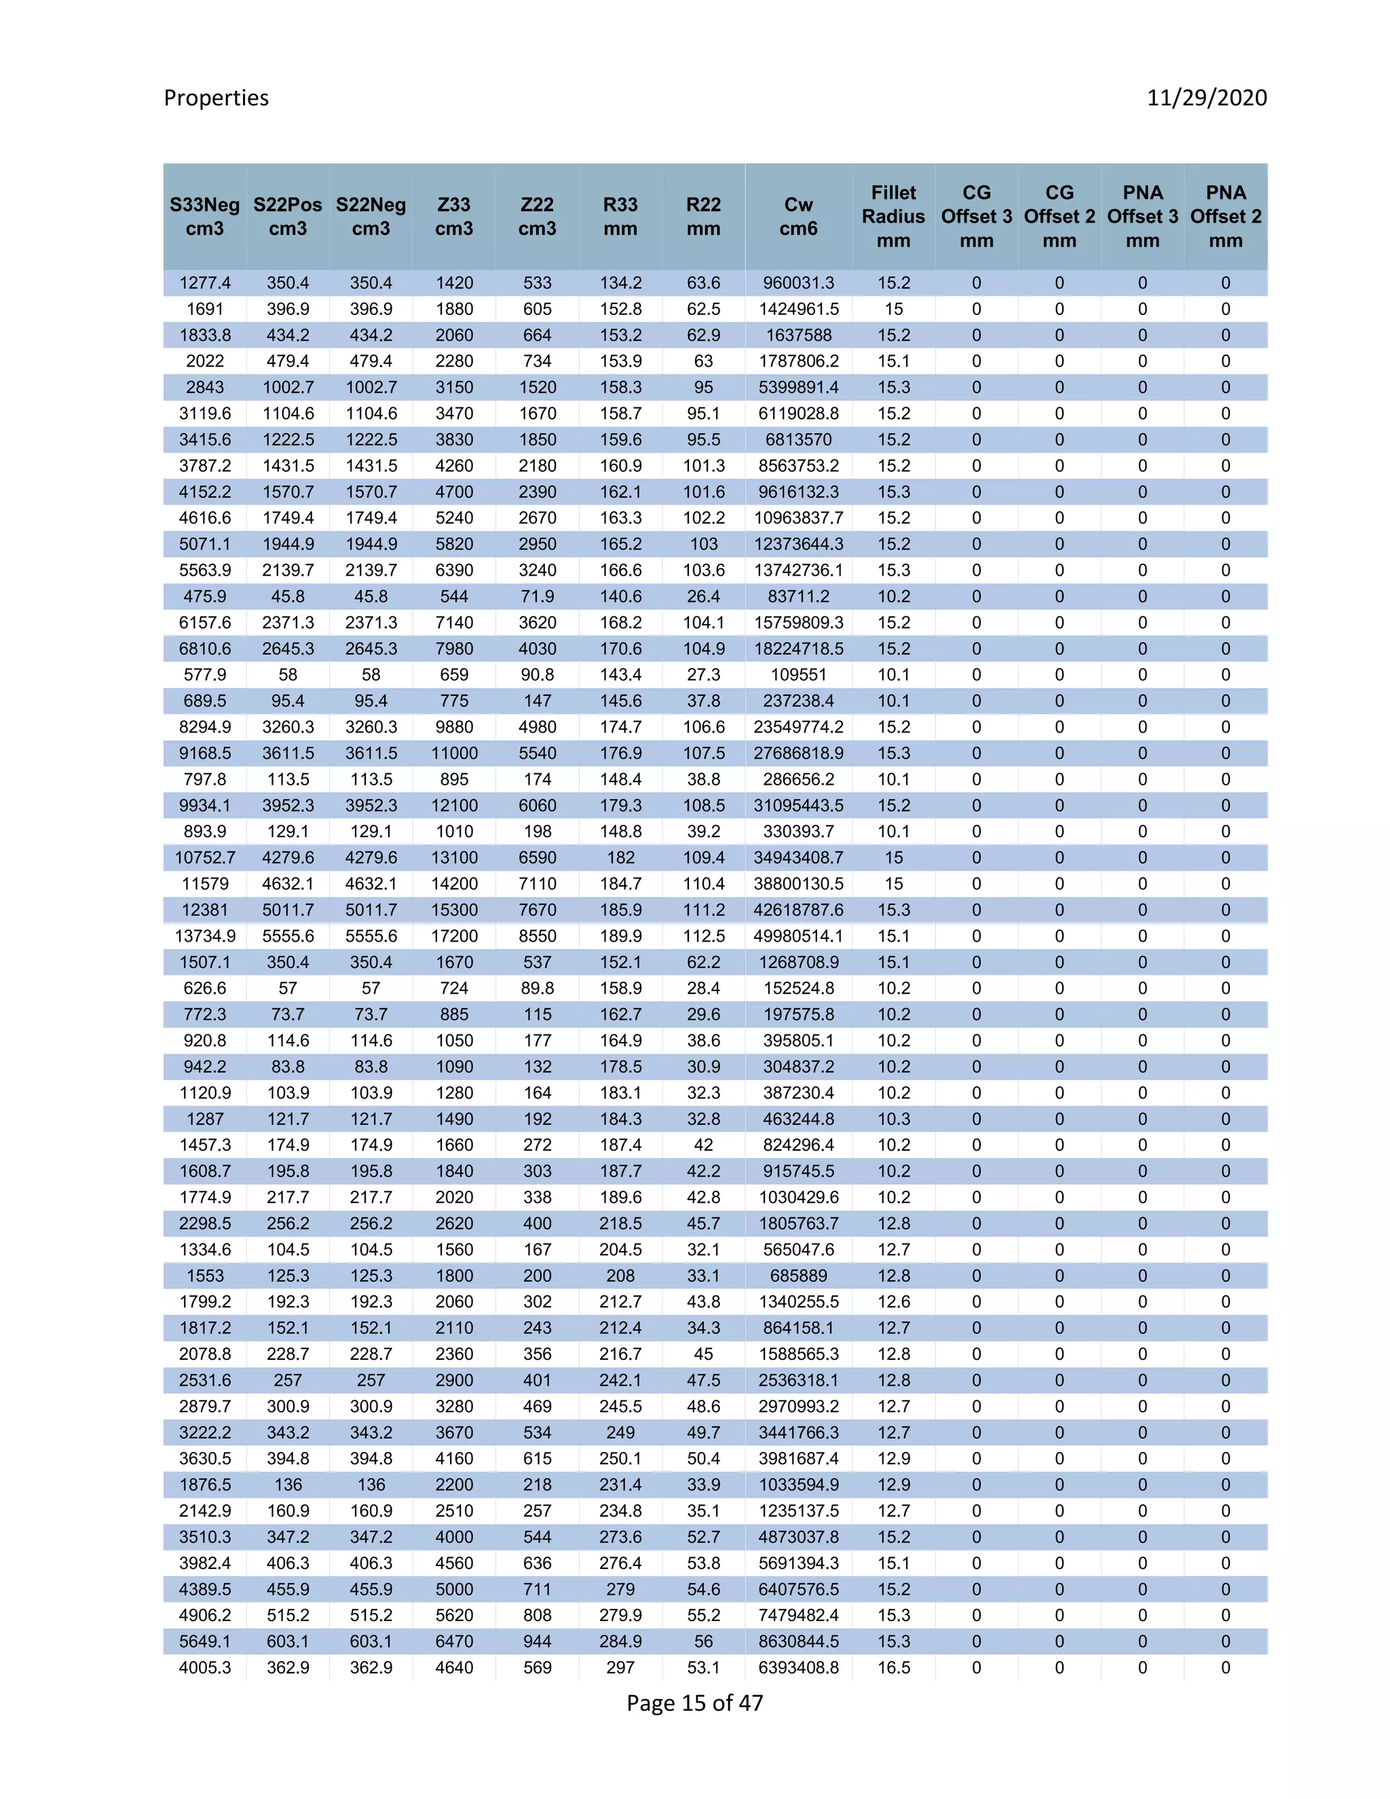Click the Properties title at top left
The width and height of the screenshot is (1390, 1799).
coord(216,98)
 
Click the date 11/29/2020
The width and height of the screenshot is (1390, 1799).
coord(1206,98)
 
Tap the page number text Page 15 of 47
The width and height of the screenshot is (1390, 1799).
coord(694,1703)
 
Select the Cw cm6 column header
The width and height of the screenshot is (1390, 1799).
coord(798,217)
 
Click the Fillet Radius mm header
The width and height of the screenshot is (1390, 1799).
coord(893,217)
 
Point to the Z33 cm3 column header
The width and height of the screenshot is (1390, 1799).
coord(454,217)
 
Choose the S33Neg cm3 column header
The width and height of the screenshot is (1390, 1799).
coord(204,217)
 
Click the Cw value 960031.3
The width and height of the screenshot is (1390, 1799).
coord(798,283)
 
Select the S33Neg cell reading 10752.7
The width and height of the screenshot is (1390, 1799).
coord(204,857)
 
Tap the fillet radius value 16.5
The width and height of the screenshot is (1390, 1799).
coord(893,1667)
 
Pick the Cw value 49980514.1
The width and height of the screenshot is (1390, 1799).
coord(798,935)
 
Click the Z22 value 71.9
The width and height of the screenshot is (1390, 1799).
coord(537,596)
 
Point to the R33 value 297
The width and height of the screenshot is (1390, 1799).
coord(620,1667)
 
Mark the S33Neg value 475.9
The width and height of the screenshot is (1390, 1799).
coord(204,596)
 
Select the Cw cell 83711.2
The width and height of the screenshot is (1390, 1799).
coord(798,596)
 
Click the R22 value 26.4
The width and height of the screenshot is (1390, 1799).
coord(703,596)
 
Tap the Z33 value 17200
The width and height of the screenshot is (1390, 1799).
coord(454,935)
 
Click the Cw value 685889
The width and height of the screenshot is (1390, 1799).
coord(798,1276)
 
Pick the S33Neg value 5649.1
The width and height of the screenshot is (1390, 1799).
coord(204,1641)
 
